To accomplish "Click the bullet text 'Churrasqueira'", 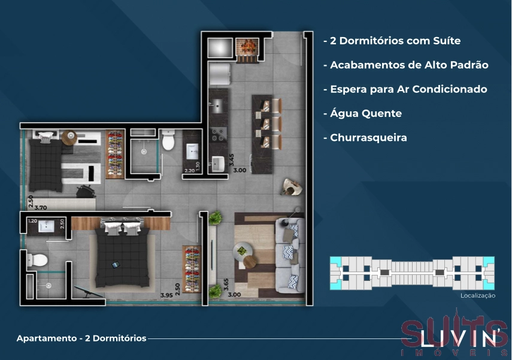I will (x=368, y=138).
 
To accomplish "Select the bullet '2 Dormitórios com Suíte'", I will (x=395, y=41).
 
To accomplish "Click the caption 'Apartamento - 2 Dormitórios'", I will (x=81, y=338).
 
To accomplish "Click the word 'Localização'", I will (x=478, y=295).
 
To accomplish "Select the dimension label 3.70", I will (x=40, y=208).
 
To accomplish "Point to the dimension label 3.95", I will (x=167, y=295).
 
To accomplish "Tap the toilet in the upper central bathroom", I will (x=168, y=142).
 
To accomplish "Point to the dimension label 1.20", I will (x=34, y=221).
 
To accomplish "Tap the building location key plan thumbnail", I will (x=413, y=273).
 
